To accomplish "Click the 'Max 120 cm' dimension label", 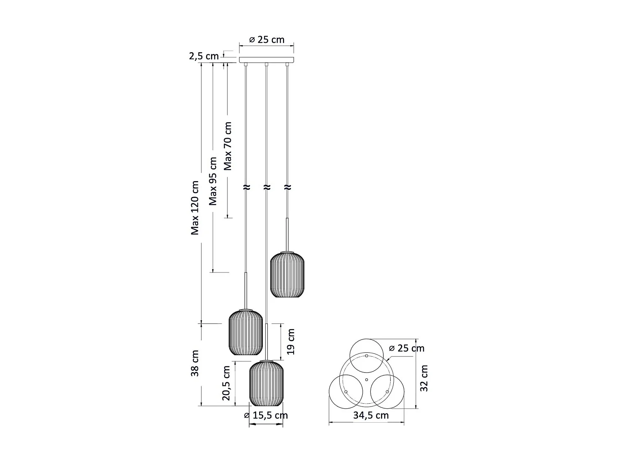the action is tap(195, 208).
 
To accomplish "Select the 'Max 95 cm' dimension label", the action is tap(213, 181).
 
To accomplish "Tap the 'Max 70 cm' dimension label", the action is tap(227, 146).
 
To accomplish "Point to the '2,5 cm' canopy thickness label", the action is tap(204, 56).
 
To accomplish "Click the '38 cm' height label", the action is tap(195, 363).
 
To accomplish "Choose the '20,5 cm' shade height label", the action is tap(226, 383).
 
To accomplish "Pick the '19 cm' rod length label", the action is tap(291, 342).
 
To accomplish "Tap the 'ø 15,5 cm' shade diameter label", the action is tap(266, 415).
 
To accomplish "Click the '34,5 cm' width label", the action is tap(371, 415).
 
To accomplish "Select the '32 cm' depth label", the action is tap(424, 378).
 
